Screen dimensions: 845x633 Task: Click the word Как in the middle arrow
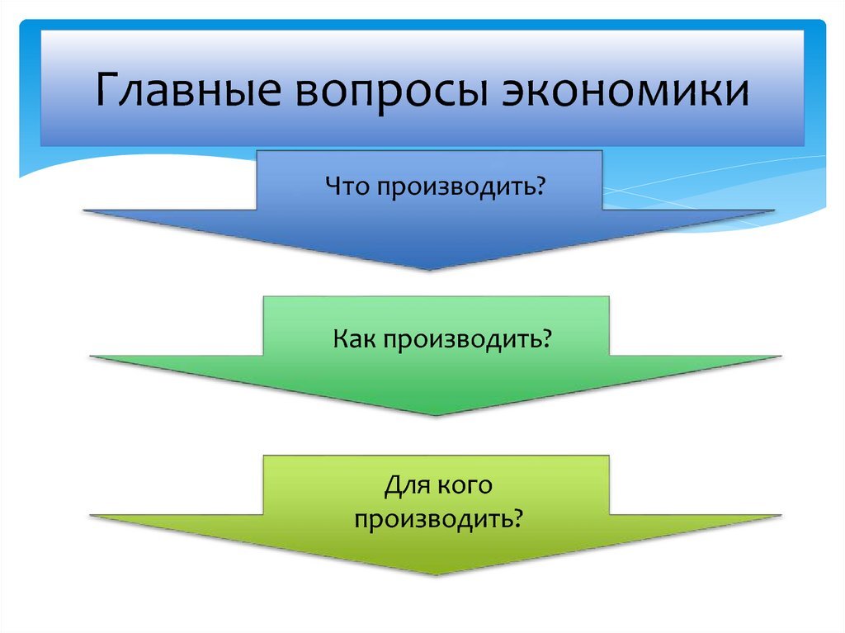(x=355, y=339)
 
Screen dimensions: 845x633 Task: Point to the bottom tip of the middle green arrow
(x=436, y=415)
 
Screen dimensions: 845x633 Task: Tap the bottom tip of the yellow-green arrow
(x=436, y=575)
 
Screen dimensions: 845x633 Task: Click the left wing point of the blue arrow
(x=85, y=211)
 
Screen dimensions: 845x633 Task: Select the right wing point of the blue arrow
(x=773, y=211)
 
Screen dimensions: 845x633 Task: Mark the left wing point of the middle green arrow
(x=91, y=357)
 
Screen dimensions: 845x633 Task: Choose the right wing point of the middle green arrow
(x=780, y=357)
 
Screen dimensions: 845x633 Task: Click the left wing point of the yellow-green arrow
(x=91, y=516)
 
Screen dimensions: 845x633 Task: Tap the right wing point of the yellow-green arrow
(x=780, y=516)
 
